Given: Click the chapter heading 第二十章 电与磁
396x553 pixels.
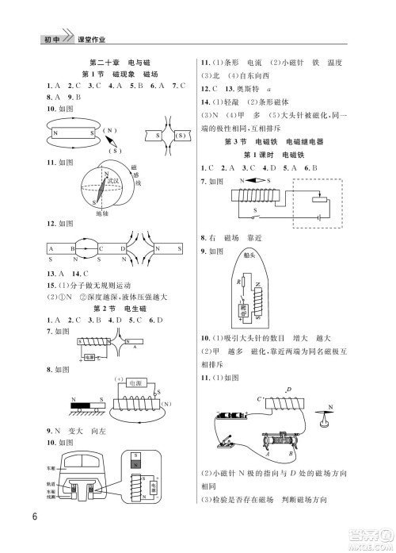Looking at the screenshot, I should (x=116, y=62).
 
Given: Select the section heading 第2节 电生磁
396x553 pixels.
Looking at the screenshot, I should (x=116, y=308).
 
